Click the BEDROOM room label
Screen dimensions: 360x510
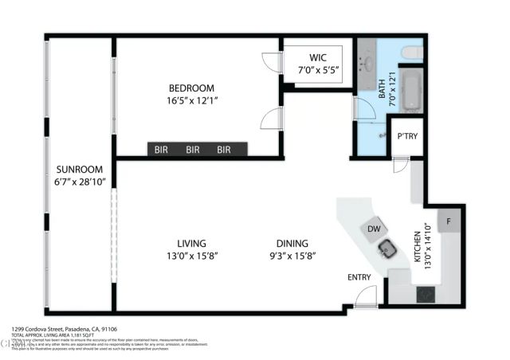coord(191,88)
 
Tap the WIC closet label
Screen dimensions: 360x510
coord(318,58)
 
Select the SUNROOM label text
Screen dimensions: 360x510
coord(80,170)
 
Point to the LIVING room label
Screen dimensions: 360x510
coord(191,243)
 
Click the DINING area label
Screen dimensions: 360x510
coord(292,243)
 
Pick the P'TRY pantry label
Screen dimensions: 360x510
coord(407,136)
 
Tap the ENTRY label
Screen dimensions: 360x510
coord(359,277)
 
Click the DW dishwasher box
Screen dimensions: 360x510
coord(375,229)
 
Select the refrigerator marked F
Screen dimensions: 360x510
coord(449,221)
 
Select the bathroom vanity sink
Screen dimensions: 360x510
coord(368,63)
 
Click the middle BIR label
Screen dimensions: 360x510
coord(193,149)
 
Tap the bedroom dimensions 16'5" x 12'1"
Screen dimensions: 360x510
coord(191,100)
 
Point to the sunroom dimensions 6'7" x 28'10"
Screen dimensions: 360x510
coord(80,182)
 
